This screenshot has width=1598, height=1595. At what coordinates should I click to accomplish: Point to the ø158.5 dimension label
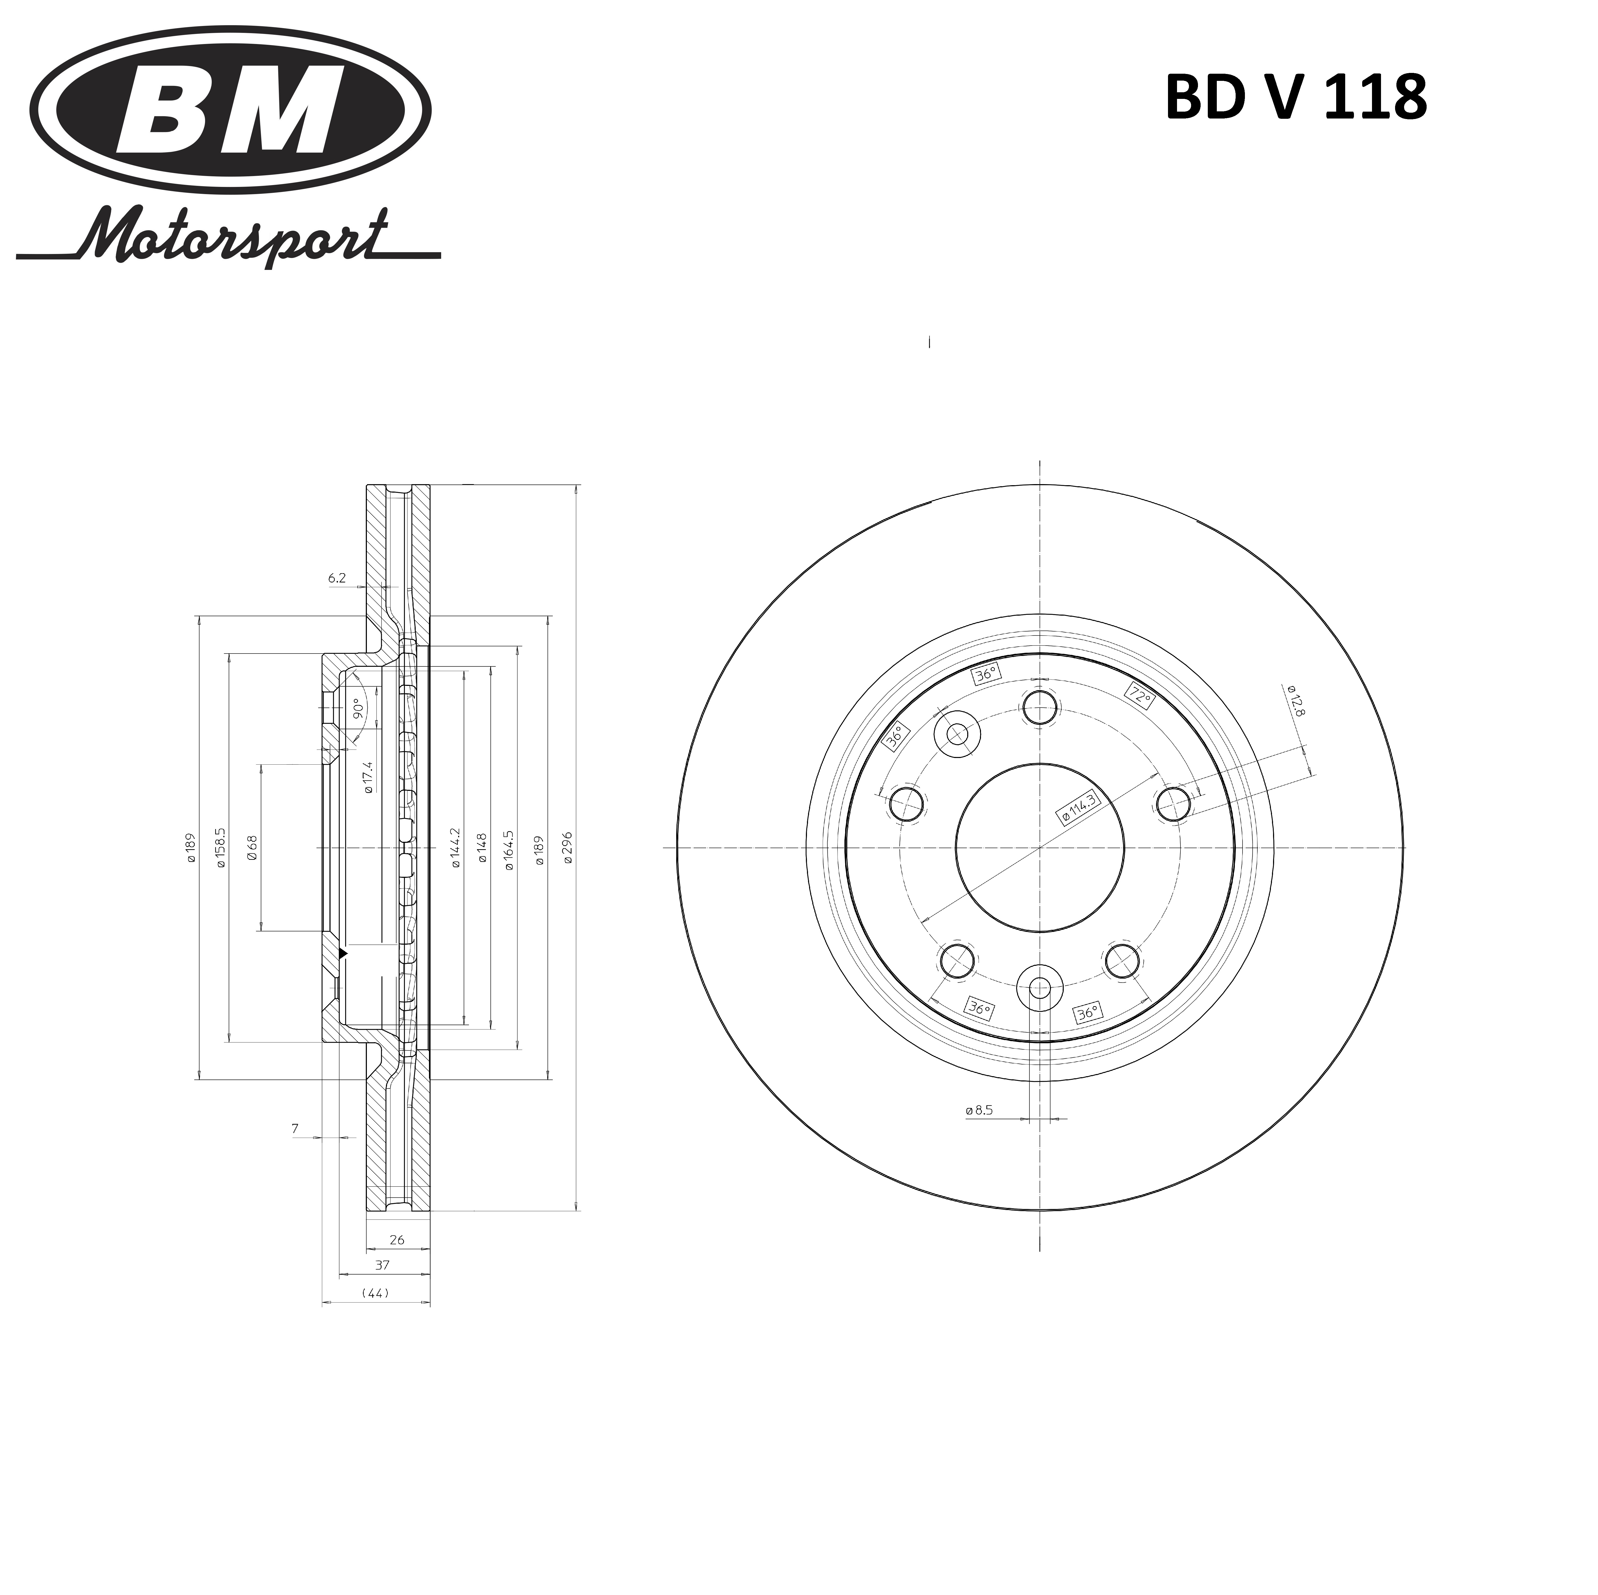tap(220, 848)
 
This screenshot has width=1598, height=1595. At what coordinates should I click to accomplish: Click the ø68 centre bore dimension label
tap(252, 848)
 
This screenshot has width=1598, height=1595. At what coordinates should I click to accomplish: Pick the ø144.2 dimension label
tap(455, 848)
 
